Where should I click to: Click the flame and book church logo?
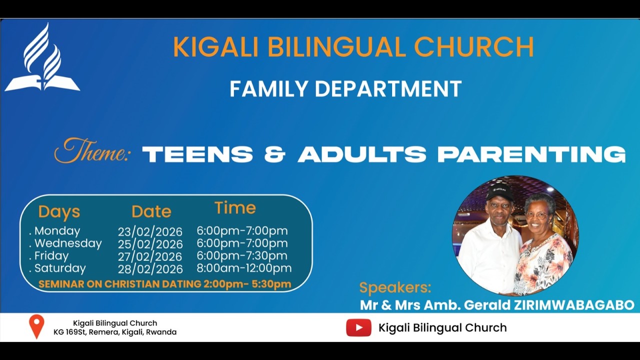[x=42, y=59]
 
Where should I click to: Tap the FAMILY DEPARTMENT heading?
[x=345, y=89]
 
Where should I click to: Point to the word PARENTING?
[x=531, y=154]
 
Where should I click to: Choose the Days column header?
[x=59, y=212]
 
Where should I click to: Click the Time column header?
[x=235, y=208]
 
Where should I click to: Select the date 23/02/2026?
[x=150, y=232]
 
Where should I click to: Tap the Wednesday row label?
[x=67, y=243]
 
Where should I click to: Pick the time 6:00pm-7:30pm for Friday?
[x=241, y=256]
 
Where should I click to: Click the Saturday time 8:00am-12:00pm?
[x=243, y=268]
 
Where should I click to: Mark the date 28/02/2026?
[x=150, y=269]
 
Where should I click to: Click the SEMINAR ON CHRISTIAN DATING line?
[x=164, y=284]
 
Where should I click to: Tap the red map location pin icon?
[x=36, y=326]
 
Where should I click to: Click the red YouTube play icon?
[x=358, y=328]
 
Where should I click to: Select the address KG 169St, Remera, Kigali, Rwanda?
[x=115, y=332]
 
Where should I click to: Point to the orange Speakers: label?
[x=395, y=288]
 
